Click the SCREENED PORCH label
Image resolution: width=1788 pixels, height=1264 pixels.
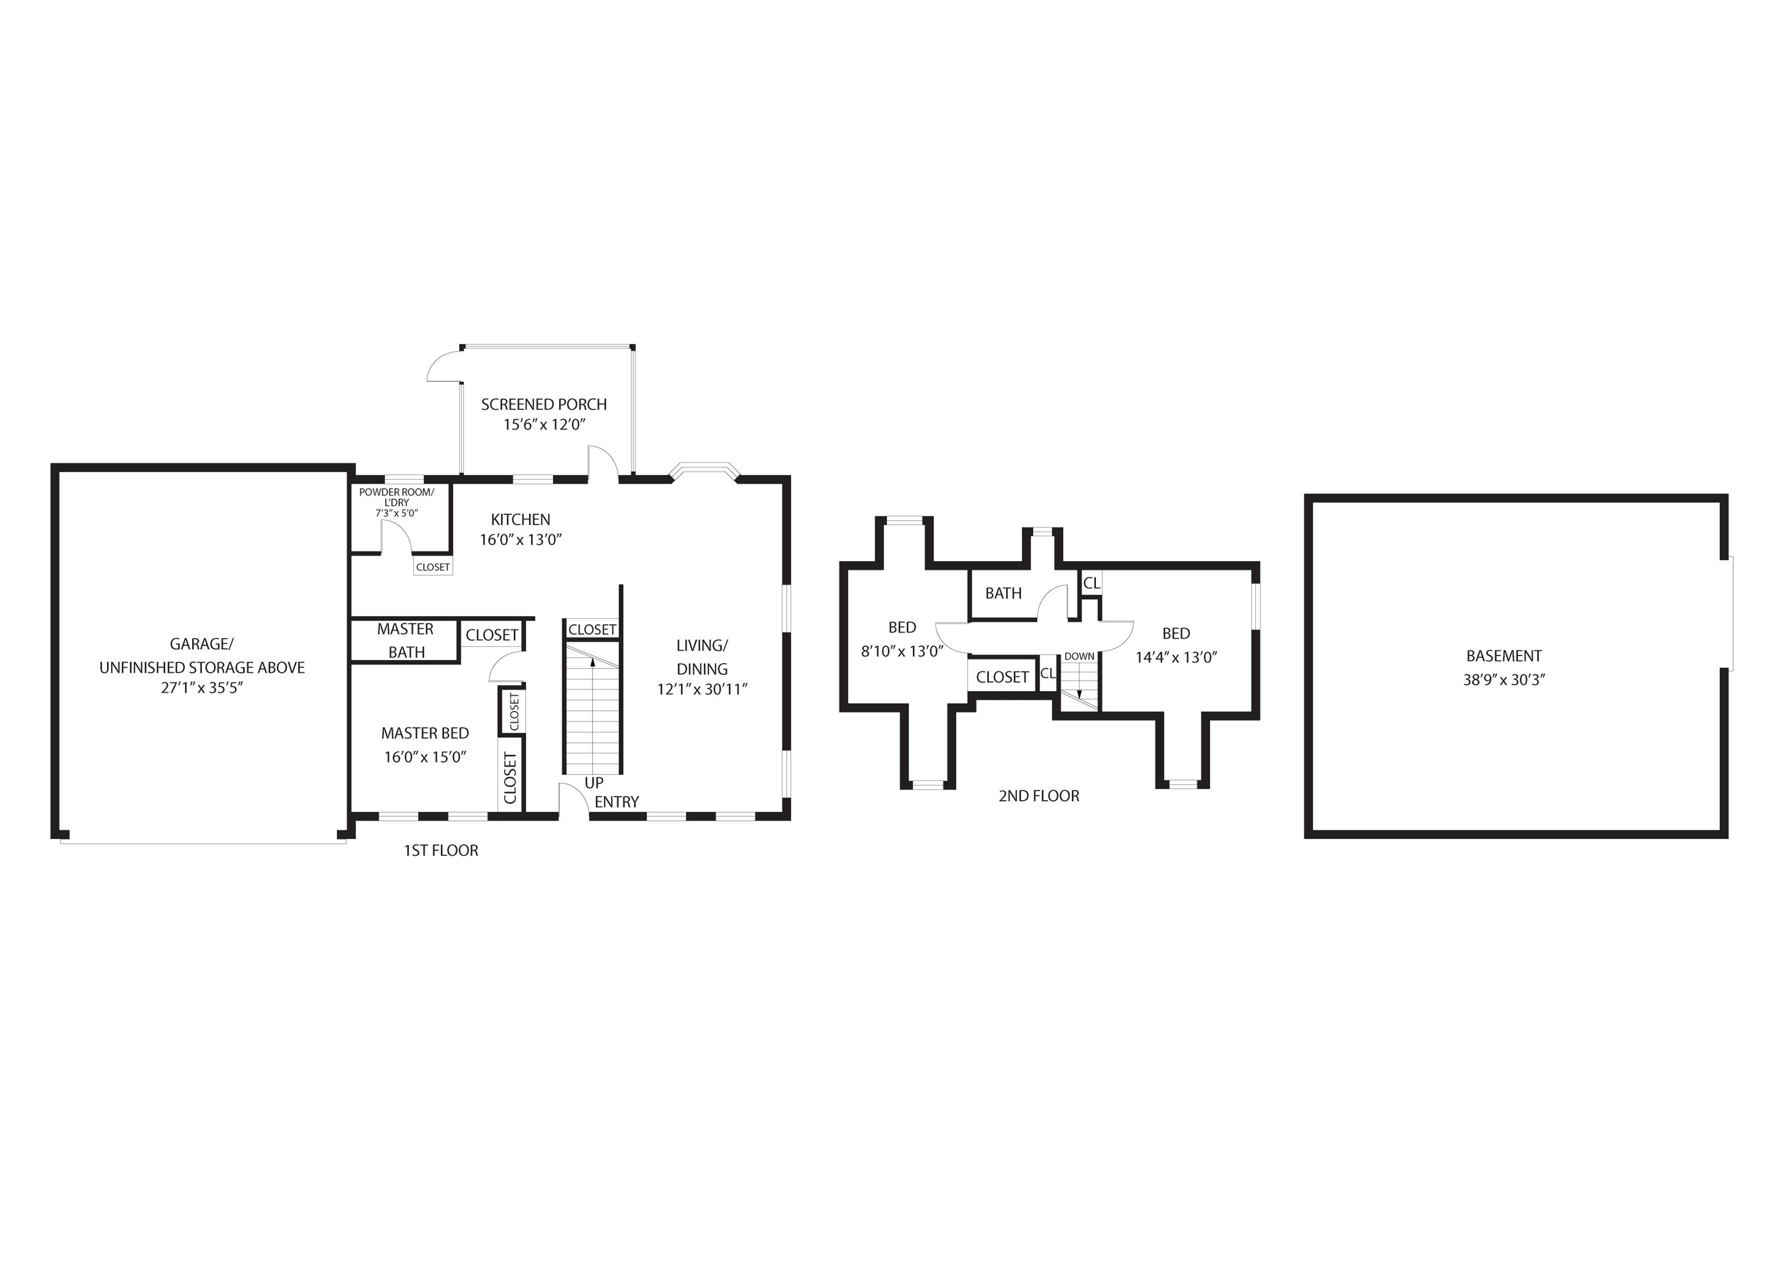tap(544, 404)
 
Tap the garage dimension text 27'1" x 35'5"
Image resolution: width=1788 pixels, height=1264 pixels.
tap(203, 688)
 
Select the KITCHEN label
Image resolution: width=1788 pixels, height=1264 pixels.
tap(520, 519)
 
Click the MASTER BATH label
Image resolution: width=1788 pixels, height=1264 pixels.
tap(406, 640)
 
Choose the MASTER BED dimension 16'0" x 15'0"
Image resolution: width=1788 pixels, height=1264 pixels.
tap(425, 757)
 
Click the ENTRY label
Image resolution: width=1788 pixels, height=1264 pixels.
tap(617, 802)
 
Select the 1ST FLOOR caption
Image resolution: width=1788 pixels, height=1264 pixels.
tap(441, 851)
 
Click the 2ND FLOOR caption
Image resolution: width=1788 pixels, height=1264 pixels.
tap(1039, 796)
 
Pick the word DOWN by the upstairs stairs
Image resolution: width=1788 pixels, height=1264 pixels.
tap(1079, 657)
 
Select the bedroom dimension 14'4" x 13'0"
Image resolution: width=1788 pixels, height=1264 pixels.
tap(1176, 657)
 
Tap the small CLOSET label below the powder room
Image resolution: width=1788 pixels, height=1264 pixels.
tap(433, 567)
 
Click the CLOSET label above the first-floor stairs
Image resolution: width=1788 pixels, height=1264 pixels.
tap(593, 629)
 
